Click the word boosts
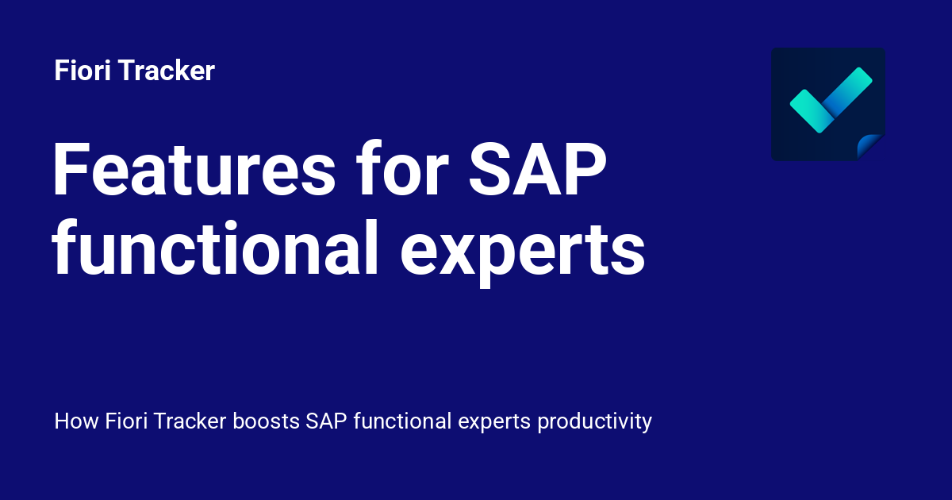[266, 421]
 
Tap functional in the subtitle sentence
[403, 421]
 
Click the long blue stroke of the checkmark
[849, 90]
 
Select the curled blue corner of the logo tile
[872, 148]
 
